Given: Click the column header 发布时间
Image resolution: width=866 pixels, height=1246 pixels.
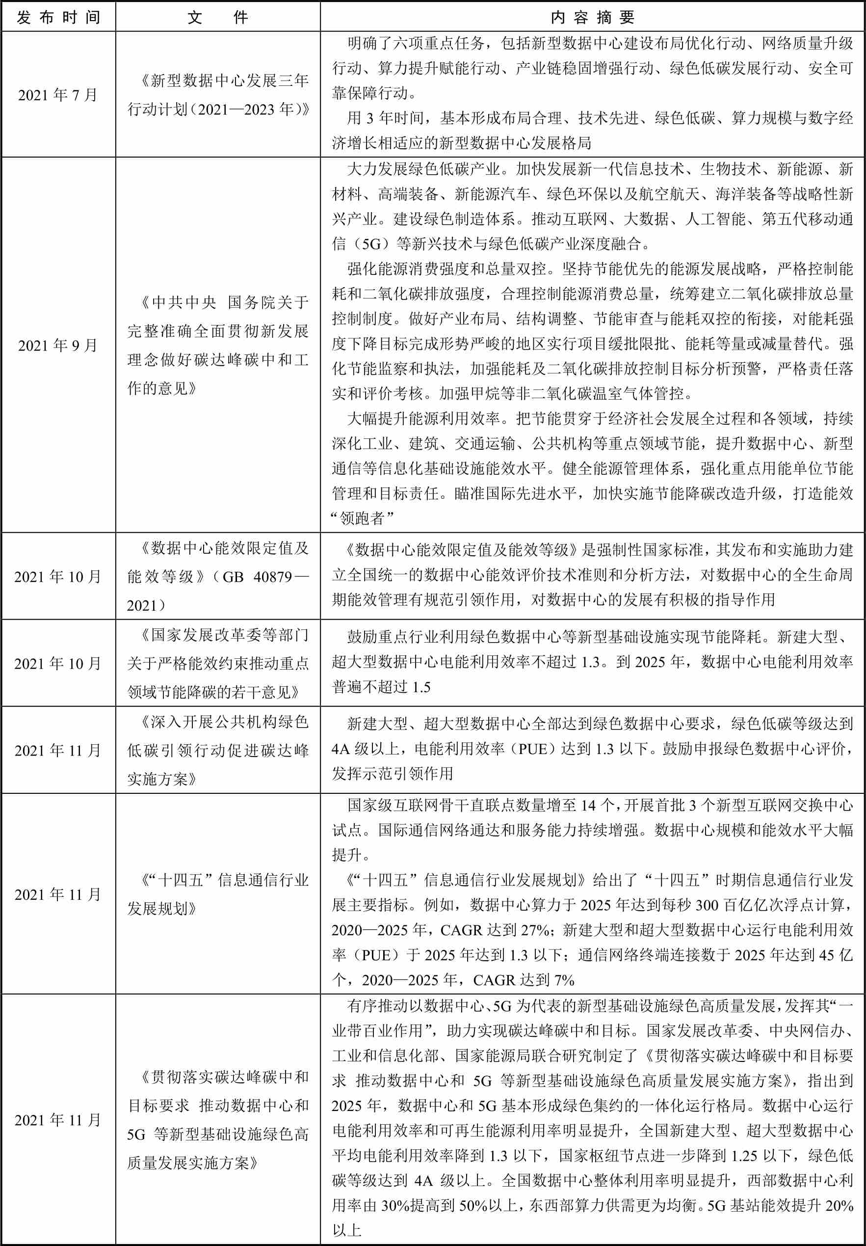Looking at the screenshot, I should click(x=58, y=17).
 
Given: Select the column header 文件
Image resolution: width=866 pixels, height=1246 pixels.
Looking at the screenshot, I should click(x=217, y=17).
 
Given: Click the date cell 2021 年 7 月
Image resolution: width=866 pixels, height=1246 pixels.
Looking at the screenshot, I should click(x=58, y=95).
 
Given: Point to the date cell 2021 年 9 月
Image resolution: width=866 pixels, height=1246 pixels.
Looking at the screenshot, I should click(x=58, y=345).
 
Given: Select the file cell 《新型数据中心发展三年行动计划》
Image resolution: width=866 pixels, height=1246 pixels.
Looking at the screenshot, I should click(x=217, y=95).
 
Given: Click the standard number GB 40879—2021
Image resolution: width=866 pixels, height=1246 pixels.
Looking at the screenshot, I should click(x=217, y=591).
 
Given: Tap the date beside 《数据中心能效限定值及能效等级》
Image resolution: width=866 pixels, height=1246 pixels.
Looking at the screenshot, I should click(x=58, y=576).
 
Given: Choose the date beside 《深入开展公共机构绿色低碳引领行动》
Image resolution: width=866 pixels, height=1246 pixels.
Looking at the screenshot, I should click(x=58, y=751).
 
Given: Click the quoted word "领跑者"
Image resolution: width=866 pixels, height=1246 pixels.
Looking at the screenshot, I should click(x=362, y=518).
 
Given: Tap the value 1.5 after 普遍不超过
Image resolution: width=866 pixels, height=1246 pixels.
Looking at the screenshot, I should click(x=421, y=687).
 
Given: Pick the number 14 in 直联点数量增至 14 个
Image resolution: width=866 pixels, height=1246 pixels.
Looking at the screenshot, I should click(x=588, y=805).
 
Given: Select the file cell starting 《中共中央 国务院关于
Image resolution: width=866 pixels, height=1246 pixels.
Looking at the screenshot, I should click(x=217, y=345).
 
